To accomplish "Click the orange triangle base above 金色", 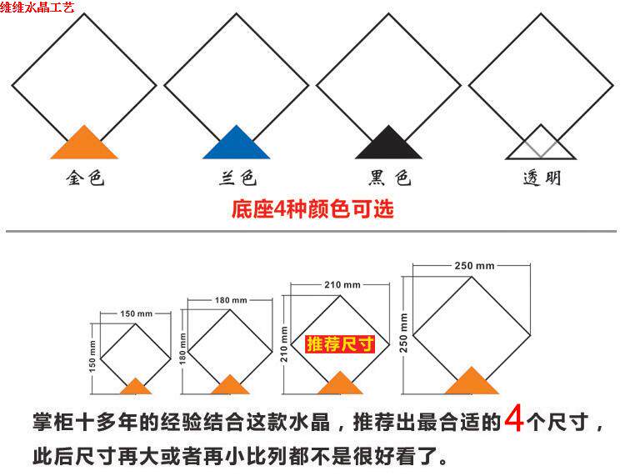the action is coord(83,146).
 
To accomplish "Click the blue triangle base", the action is coord(237,146).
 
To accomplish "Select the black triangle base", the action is coord(389,146).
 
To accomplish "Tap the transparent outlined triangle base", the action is coord(541,147).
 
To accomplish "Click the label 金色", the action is coord(84,178).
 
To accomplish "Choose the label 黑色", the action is coord(390,178).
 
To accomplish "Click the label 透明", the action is coord(542,178).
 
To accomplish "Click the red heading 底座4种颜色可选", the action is coord(312,208).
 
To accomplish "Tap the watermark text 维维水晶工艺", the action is coord(37,8).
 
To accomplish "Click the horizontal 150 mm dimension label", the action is coord(137,313).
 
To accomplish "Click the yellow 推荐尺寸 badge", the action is coord(340,343).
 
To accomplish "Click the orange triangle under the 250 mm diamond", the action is coord(472,383).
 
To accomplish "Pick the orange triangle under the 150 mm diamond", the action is coord(136,387).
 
